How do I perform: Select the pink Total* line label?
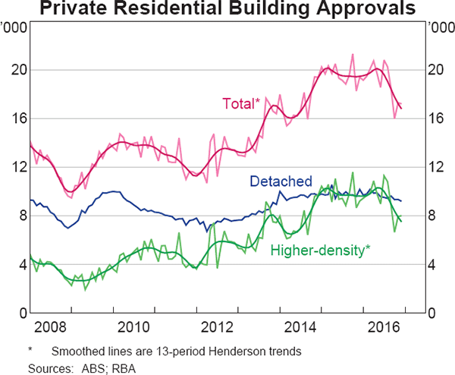pos(241,103)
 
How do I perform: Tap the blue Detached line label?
pos(281,181)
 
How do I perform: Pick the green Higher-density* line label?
pos(320,250)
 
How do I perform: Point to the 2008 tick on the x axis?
pos(49,327)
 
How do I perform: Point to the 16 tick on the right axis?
pos(438,118)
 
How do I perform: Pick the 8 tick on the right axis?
pos(433,216)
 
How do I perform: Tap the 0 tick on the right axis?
pos(433,314)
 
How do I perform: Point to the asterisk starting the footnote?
pos(30,351)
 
